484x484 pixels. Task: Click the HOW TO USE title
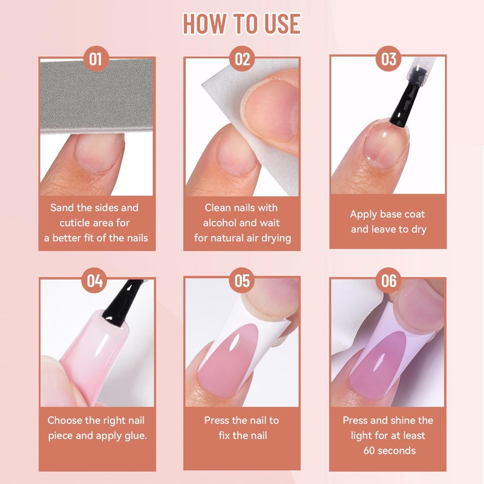pyautogui.click(x=242, y=24)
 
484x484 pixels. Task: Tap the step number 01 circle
pyautogui.click(x=96, y=59)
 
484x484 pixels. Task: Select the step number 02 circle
pyautogui.click(x=242, y=59)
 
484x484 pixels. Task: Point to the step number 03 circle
pyautogui.click(x=388, y=59)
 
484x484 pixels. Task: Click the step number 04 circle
pyautogui.click(x=94, y=280)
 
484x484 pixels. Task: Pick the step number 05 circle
pyautogui.click(x=241, y=280)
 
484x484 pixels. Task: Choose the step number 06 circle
pyautogui.click(x=388, y=280)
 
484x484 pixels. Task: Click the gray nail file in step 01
pyautogui.click(x=97, y=96)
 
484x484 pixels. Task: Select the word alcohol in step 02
pyautogui.click(x=218, y=223)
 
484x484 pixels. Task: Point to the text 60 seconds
pyautogui.click(x=390, y=451)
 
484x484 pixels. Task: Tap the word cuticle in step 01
pyautogui.click(x=74, y=223)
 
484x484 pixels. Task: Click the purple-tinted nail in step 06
pyautogui.click(x=380, y=364)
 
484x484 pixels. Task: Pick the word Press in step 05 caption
pyautogui.click(x=217, y=420)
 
